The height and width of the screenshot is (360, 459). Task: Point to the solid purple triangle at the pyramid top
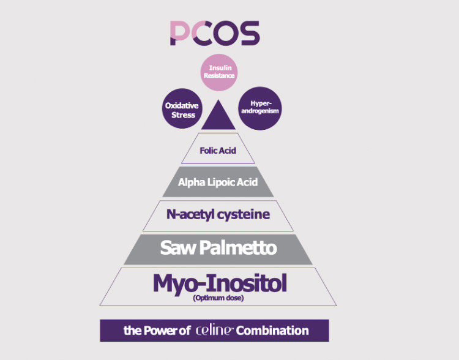[218, 116]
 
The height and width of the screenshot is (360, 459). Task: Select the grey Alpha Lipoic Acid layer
[218, 182]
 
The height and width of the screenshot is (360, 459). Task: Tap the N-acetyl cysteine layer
[218, 214]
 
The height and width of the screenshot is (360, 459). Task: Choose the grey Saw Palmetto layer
[218, 248]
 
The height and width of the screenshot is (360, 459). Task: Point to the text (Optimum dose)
[218, 298]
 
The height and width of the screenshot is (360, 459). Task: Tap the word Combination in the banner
[272, 331]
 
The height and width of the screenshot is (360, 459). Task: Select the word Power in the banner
[163, 331]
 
